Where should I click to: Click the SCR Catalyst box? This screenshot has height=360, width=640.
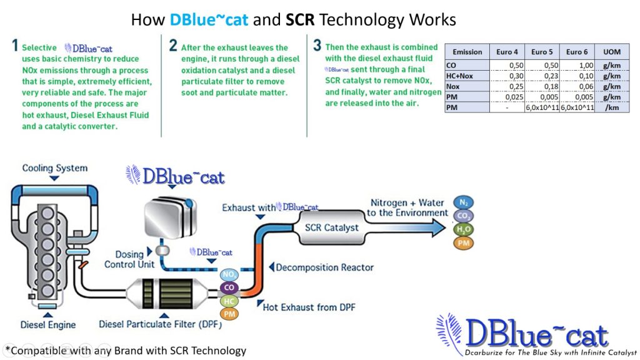331,227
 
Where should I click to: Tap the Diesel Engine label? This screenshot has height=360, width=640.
48,324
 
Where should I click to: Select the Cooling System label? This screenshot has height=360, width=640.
55,168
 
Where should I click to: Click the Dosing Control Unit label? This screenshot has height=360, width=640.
129,259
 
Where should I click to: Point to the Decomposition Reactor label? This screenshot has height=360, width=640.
324,267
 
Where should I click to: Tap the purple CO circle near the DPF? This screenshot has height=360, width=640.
229,287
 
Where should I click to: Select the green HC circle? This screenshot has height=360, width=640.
229,301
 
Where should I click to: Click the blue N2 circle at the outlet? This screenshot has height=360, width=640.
464,202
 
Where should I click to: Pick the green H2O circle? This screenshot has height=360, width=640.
464,230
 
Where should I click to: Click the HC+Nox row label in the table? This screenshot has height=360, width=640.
460,75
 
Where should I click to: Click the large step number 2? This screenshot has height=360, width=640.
173,46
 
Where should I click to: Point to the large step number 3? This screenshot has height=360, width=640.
317,46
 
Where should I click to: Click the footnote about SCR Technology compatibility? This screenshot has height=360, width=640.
126,351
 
